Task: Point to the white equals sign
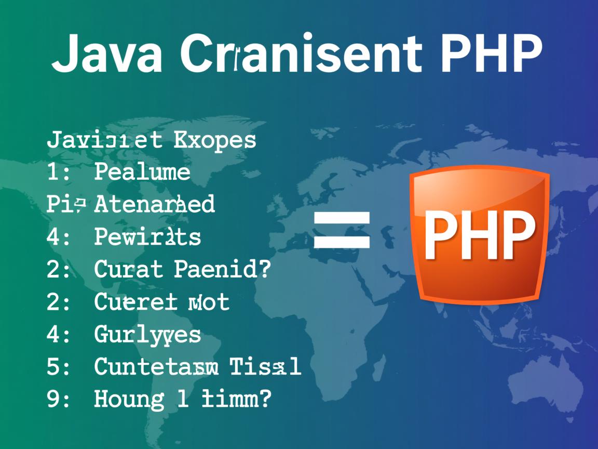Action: pyautogui.click(x=342, y=229)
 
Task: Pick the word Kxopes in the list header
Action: pyautogui.click(x=216, y=140)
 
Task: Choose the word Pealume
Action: pyautogui.click(x=142, y=173)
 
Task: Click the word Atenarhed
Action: pyautogui.click(x=154, y=205)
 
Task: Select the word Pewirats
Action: pyautogui.click(x=147, y=237)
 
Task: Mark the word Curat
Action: pyautogui.click(x=128, y=270)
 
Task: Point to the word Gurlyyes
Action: pyautogui.click(x=147, y=334)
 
